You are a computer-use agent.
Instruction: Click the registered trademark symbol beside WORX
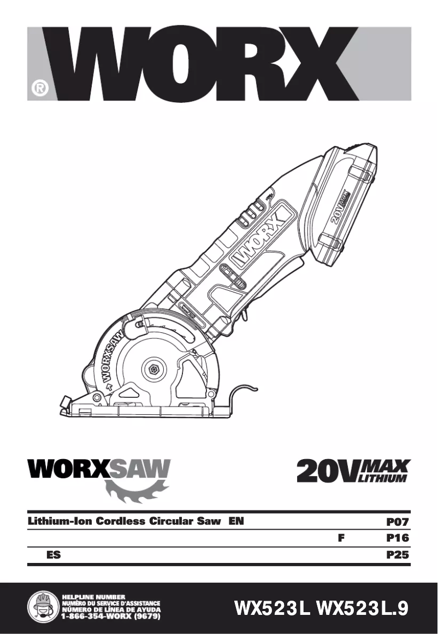click(39, 88)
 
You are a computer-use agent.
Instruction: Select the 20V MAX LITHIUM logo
click(353, 471)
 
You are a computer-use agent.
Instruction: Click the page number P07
click(398, 521)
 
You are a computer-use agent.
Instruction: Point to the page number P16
click(398, 538)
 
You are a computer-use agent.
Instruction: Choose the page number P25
click(398, 555)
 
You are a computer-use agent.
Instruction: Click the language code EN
click(236, 521)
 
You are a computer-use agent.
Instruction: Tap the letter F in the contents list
click(341, 538)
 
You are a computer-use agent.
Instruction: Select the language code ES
click(54, 555)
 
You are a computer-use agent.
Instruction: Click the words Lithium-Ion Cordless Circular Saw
click(125, 521)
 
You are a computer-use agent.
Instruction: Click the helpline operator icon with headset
click(43, 607)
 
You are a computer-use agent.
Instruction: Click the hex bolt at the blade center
click(153, 370)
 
